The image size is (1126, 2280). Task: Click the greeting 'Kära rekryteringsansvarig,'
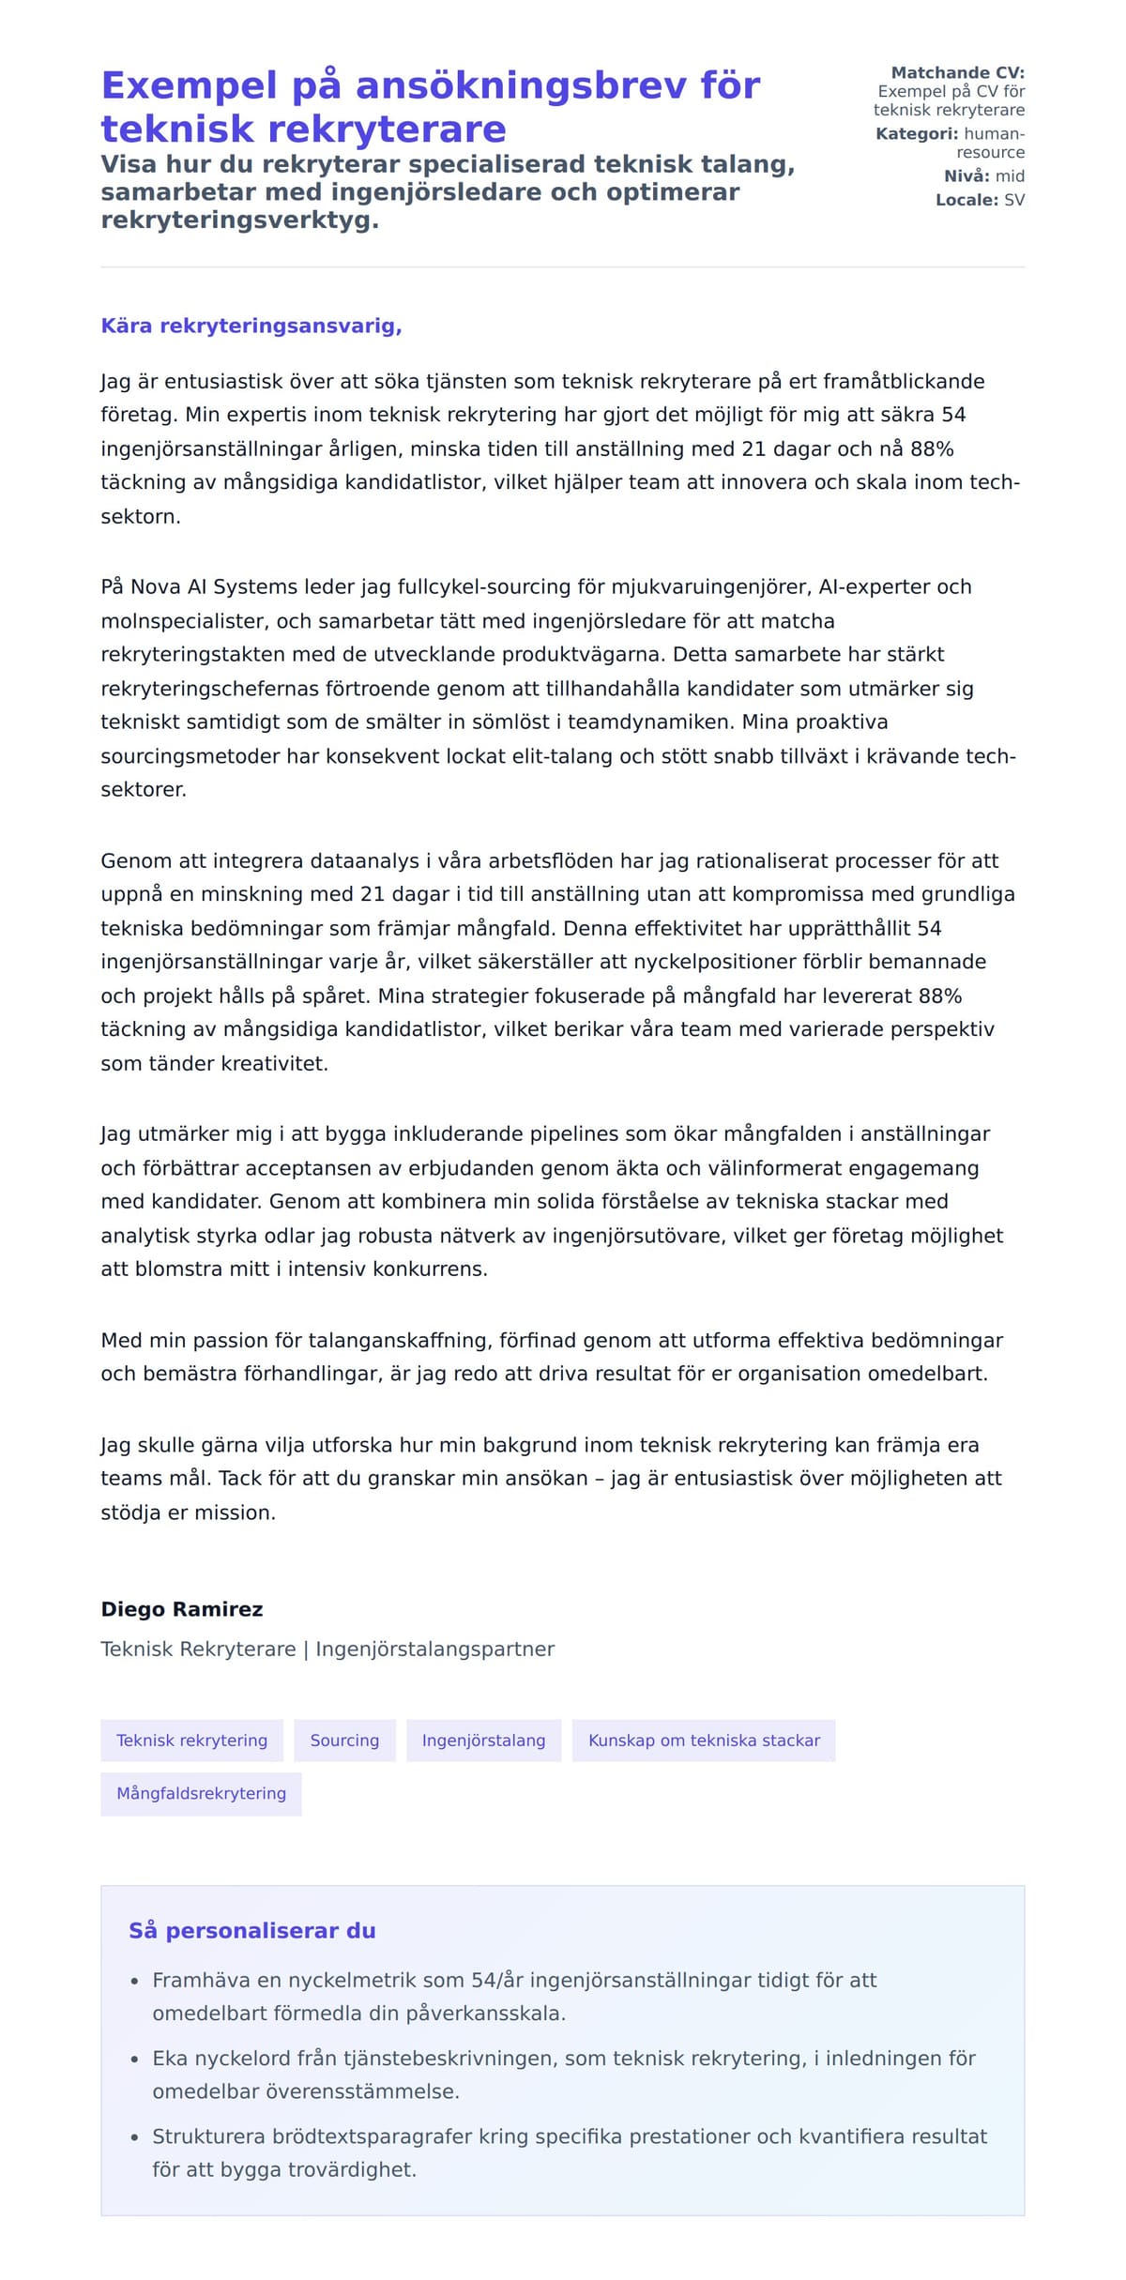click(251, 326)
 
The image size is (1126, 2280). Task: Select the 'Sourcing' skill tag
click(344, 1740)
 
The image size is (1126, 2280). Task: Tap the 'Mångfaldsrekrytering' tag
click(201, 1793)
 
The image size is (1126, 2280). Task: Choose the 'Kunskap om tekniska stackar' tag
click(704, 1740)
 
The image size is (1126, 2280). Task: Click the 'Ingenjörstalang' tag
click(483, 1740)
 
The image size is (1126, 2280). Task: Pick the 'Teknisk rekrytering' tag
click(191, 1740)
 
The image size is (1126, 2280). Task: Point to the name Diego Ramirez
click(182, 1609)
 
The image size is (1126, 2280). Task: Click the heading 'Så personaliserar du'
click(251, 1930)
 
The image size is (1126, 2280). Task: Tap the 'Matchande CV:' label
click(957, 72)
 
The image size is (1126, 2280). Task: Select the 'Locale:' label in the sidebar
click(966, 200)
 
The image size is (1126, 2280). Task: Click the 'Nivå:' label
click(966, 176)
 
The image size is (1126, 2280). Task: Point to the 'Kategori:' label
click(917, 134)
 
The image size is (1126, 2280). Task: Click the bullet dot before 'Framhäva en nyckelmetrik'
click(134, 1982)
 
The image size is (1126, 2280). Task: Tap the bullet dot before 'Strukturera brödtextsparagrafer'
click(134, 2137)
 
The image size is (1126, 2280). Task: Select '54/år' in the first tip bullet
click(497, 1980)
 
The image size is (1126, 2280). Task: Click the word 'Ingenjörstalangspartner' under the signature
click(434, 1649)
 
